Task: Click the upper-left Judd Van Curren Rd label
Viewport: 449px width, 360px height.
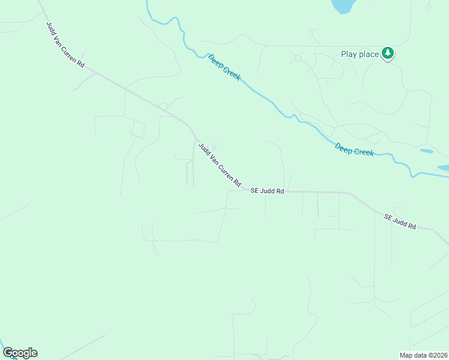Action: coord(65,45)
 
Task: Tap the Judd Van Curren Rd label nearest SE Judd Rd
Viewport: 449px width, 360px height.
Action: coord(220,164)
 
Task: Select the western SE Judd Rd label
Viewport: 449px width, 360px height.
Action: coord(267,191)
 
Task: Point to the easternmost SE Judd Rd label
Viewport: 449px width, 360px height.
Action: coord(400,221)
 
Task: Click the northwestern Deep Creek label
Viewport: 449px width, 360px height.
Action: coord(224,67)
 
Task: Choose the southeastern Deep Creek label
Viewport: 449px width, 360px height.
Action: coord(354,149)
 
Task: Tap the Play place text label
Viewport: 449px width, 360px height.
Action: coord(360,54)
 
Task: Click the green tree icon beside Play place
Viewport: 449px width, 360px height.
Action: coord(388,53)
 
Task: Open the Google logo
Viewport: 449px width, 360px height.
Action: coord(20,353)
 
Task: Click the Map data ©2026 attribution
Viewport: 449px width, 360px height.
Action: coord(423,355)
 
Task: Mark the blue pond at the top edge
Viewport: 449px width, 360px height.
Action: coord(342,5)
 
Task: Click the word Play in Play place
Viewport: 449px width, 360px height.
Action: coord(349,54)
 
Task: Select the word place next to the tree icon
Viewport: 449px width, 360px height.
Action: coord(369,55)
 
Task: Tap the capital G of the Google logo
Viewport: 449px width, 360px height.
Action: coord(8,352)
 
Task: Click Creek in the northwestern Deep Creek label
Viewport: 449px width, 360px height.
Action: coord(232,74)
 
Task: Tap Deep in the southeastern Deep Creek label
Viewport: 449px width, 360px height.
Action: coord(344,147)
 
